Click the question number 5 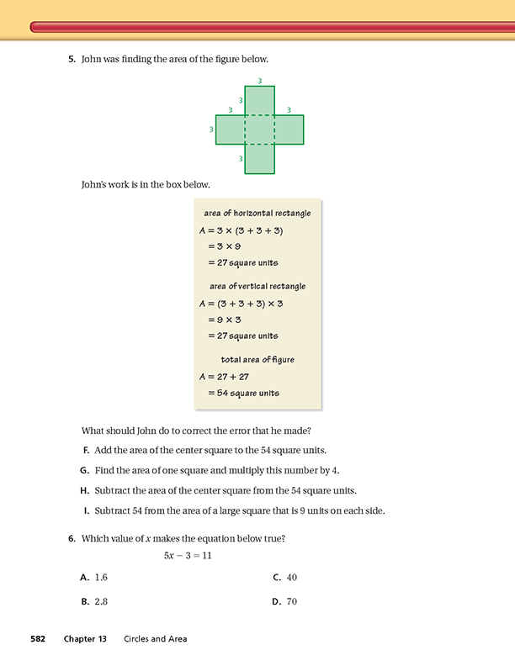click(x=71, y=60)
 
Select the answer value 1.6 click(x=102, y=578)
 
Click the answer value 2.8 click(x=102, y=602)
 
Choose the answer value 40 click(x=291, y=578)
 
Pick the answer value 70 click(x=291, y=602)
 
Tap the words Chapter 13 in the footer click(x=85, y=639)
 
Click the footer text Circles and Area click(x=155, y=639)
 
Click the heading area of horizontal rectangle click(x=257, y=214)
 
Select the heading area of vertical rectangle click(x=257, y=287)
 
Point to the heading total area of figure click(x=257, y=360)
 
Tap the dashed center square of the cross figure click(x=259, y=129)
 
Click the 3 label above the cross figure click(x=259, y=81)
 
